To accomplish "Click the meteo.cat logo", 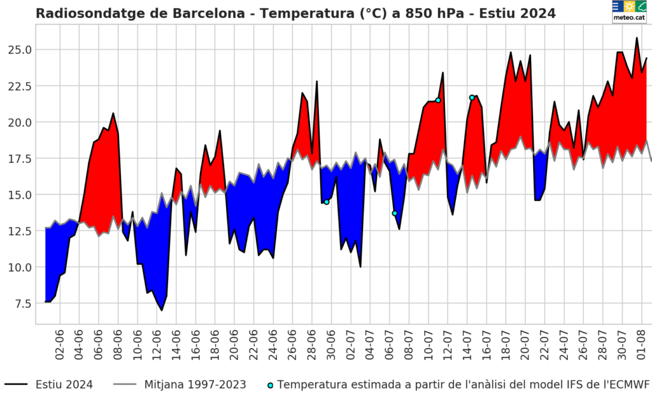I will click(x=628, y=11).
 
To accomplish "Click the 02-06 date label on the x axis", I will click(x=60, y=343).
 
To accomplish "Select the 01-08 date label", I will click(x=642, y=343).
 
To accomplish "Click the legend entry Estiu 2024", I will click(x=64, y=385).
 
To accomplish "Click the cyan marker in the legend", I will click(x=271, y=385).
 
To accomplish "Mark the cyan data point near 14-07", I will click(x=472, y=97).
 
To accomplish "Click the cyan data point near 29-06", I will click(x=327, y=202).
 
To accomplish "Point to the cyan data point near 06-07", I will click(x=395, y=213).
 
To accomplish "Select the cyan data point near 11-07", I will click(x=438, y=100).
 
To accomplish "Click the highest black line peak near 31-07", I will click(x=637, y=38).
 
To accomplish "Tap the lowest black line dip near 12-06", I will click(x=162, y=310).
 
